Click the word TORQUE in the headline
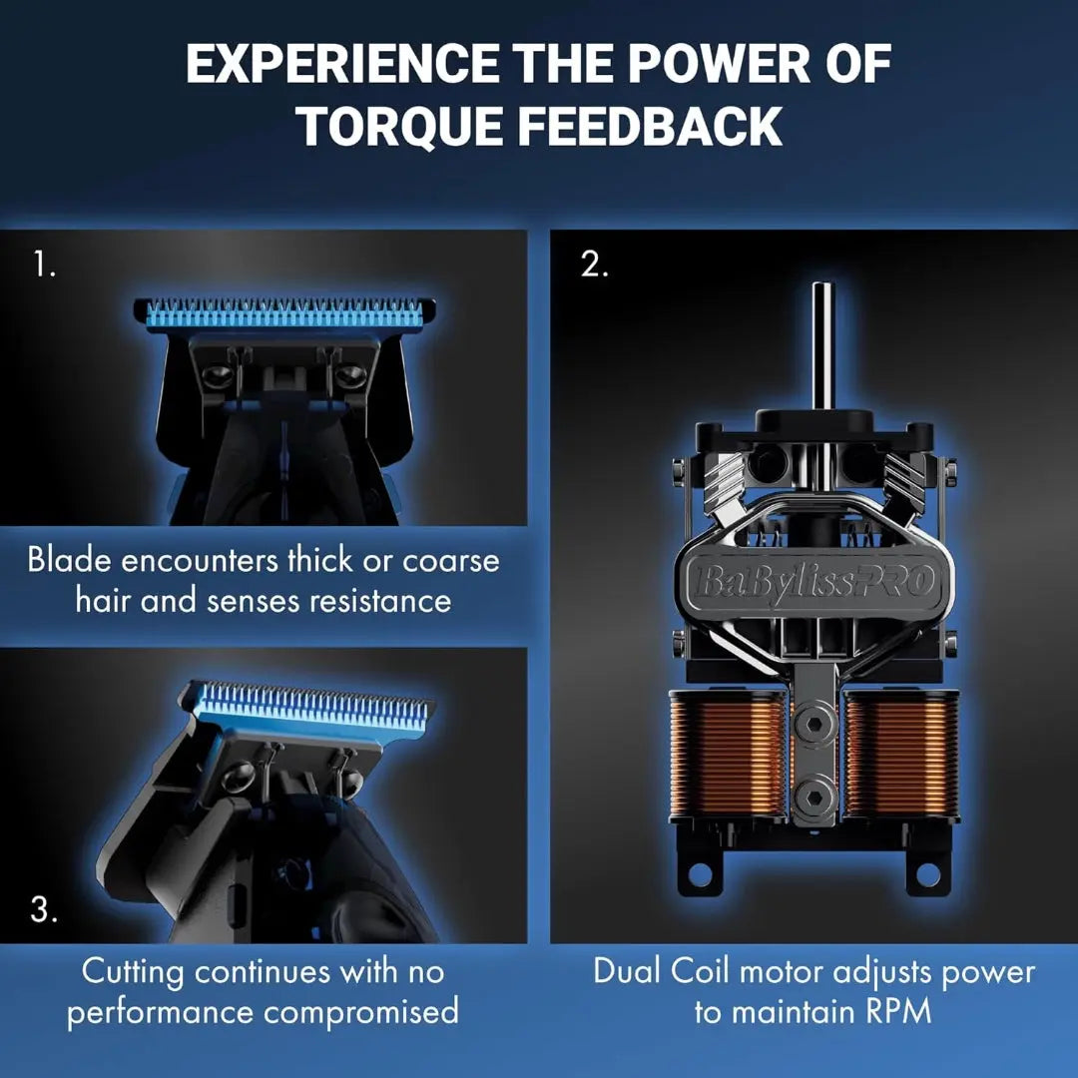point(399,126)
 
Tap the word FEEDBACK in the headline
point(650,126)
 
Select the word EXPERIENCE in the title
point(342,63)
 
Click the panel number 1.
point(44,264)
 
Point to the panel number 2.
point(594,264)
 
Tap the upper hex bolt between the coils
point(815,724)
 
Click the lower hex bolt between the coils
point(815,797)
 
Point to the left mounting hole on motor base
point(701,874)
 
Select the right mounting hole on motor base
point(929,874)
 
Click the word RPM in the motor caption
point(897,1011)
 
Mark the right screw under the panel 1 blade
point(351,374)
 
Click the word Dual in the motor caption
point(625,972)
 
